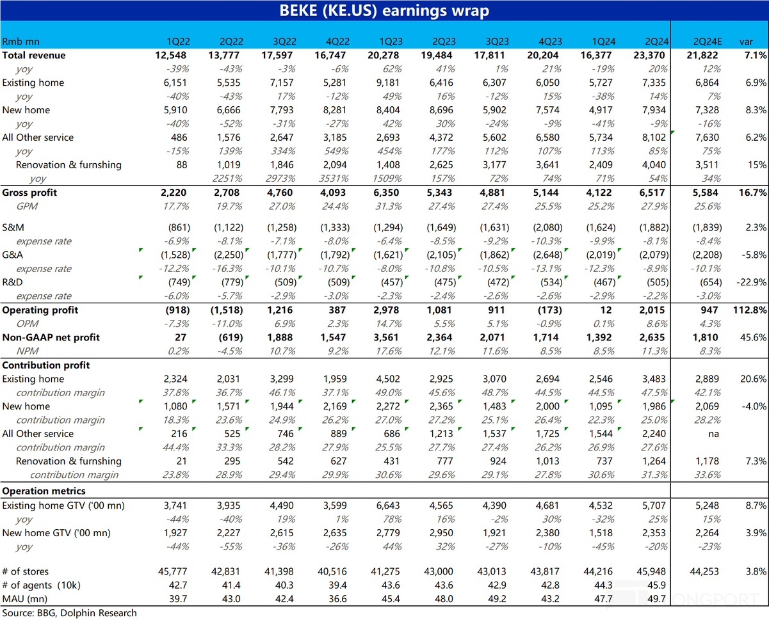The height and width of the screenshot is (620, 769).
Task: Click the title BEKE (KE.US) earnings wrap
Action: [x=384, y=10]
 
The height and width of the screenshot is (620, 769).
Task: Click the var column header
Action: [x=747, y=42]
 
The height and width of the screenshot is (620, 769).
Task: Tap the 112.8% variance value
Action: [x=751, y=310]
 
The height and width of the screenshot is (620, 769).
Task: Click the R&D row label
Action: [x=11, y=283]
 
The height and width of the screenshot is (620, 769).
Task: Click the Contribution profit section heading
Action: [x=46, y=365]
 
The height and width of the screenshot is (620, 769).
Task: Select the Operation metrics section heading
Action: [x=44, y=491]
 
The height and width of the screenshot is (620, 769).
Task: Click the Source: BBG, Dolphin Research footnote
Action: [x=69, y=613]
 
